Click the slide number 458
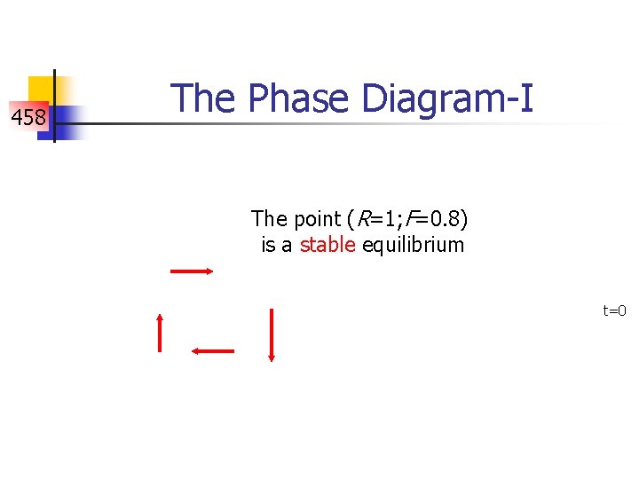[28, 116]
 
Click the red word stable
[327, 245]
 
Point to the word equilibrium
[412, 245]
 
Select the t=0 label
[614, 310]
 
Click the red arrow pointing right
[192, 271]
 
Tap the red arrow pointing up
[160, 334]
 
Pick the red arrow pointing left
[213, 351]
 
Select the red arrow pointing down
[272, 335]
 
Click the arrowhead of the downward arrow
[272, 357]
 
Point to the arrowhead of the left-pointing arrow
[195, 351]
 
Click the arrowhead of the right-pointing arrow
[209, 271]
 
